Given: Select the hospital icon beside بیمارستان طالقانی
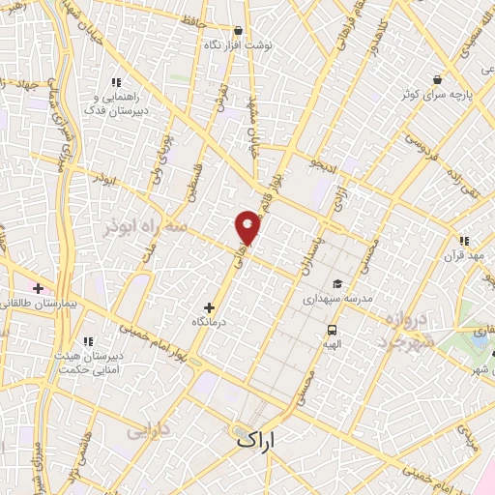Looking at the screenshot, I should (38, 288).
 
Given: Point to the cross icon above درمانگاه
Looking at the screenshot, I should (210, 307).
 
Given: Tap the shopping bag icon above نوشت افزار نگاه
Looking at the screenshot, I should (238, 30).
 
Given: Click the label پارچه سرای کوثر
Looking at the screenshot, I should (438, 96).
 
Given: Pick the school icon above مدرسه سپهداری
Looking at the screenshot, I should (337, 283).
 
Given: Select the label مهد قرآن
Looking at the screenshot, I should (464, 256).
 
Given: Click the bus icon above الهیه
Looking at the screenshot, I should (332, 328).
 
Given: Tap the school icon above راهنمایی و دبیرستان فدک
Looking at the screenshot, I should (116, 82).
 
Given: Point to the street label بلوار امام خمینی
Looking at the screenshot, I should (145, 340).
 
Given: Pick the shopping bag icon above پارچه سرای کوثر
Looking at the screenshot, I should (438, 80).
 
